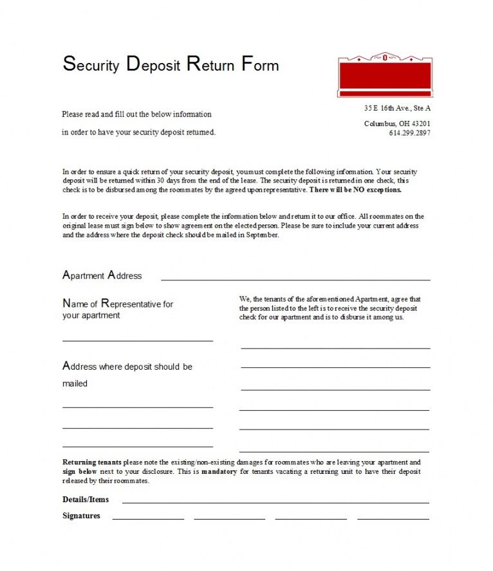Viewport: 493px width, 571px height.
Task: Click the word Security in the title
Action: [91, 64]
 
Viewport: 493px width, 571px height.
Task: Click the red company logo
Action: [385, 75]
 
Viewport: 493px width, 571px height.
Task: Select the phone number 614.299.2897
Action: [409, 133]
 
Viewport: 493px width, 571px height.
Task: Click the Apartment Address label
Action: [102, 275]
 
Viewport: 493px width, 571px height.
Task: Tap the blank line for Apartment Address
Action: [295, 280]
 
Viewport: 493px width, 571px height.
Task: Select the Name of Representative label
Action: [118, 304]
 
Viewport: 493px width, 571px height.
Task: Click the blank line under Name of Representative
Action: [137, 340]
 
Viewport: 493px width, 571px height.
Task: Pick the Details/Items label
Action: [86, 499]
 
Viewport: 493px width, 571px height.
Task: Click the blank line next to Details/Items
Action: [275, 502]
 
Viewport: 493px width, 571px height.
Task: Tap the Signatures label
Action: [81, 516]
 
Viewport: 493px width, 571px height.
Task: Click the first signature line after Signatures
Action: [148, 518]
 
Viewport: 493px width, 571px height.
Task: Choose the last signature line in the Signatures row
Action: [393, 518]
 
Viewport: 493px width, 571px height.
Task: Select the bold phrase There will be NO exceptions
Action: [355, 190]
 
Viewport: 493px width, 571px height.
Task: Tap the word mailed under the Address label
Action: [75, 383]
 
